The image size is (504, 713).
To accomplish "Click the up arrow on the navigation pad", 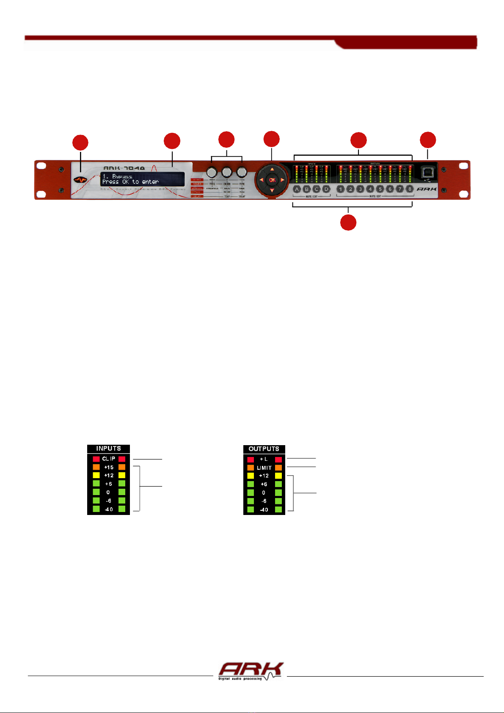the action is coord(272,170).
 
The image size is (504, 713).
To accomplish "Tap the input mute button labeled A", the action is coord(297,189).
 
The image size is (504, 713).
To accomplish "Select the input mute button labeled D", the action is coord(326,189).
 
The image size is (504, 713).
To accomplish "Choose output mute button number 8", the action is coord(409,189).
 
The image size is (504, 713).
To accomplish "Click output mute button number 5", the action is coord(380,189).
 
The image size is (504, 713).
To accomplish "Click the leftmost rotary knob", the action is coord(211,172).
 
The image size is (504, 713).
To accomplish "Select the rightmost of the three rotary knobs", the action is coord(242,172).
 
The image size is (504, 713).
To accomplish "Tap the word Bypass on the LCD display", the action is coord(122,176).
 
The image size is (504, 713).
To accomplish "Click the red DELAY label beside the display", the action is coord(198,196).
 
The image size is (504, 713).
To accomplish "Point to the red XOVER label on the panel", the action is coord(198,184).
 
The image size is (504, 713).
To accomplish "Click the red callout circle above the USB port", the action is coord(427,140).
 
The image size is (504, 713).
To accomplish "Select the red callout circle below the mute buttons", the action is coord(348,223).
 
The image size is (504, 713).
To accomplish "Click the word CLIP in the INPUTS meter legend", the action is coord(109,459).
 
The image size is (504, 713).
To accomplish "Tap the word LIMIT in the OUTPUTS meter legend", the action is coord(264,468).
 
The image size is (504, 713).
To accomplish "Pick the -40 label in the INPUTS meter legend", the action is coord(109,509).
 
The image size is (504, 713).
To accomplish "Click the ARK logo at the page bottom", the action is coord(251,671).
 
